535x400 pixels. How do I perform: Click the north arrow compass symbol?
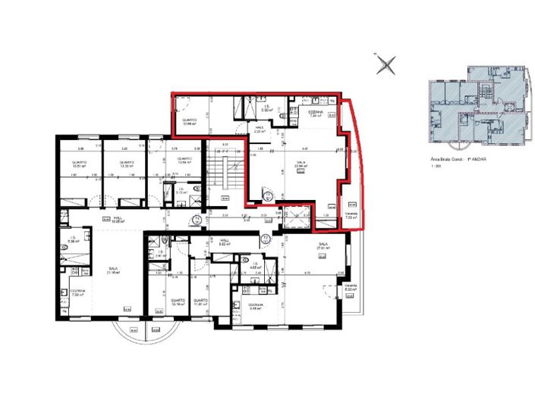pos(387,64)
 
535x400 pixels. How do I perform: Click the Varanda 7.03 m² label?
pos(351,216)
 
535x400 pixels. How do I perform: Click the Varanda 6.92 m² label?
pos(350,288)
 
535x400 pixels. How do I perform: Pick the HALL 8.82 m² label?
pos(224,244)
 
